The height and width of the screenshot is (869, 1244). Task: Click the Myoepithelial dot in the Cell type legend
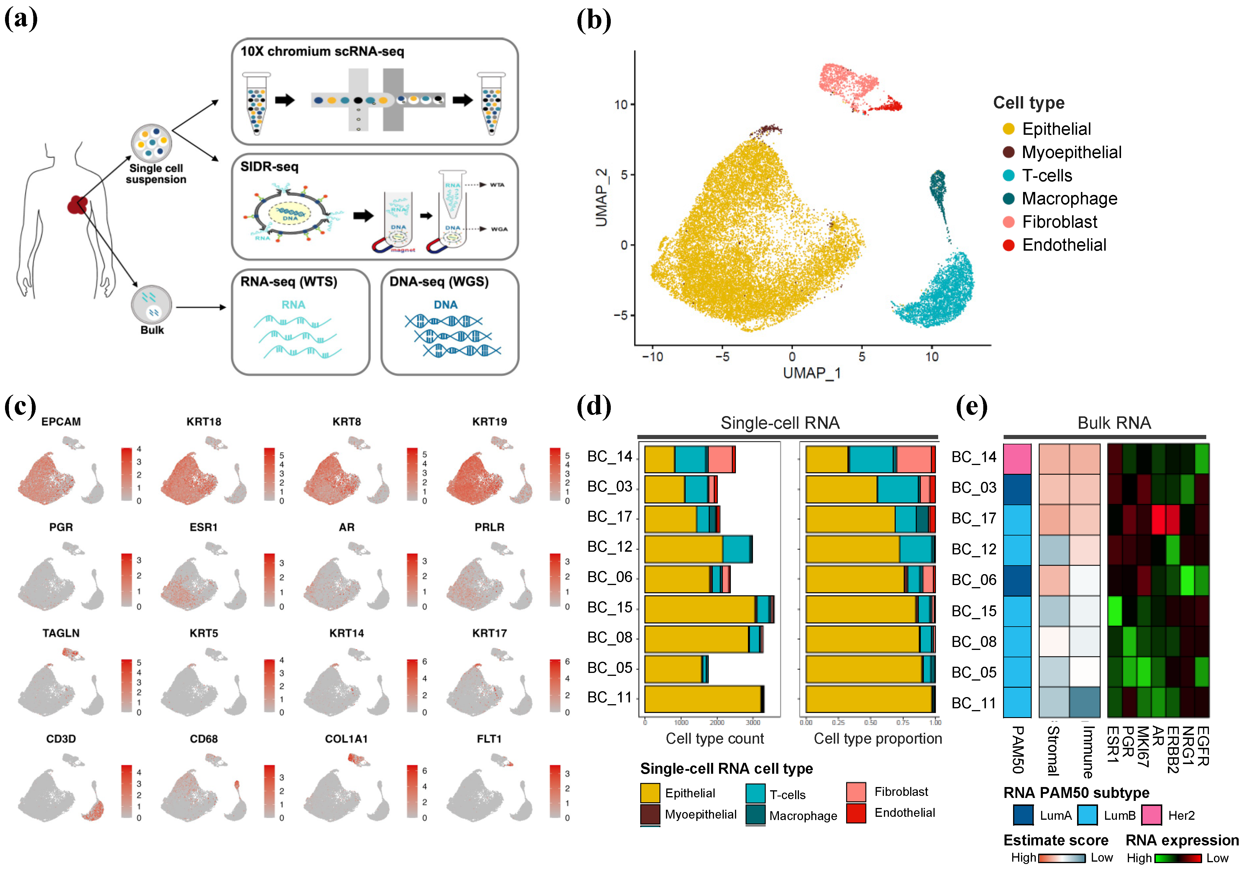1008,152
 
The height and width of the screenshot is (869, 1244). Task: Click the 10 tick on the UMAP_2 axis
620,105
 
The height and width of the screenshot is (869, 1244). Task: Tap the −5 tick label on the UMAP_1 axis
722,357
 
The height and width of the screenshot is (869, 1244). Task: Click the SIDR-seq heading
269,167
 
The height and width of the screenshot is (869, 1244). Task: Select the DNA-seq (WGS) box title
439,282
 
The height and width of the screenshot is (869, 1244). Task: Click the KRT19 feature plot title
489,421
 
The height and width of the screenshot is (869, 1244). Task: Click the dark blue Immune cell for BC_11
1085,702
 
